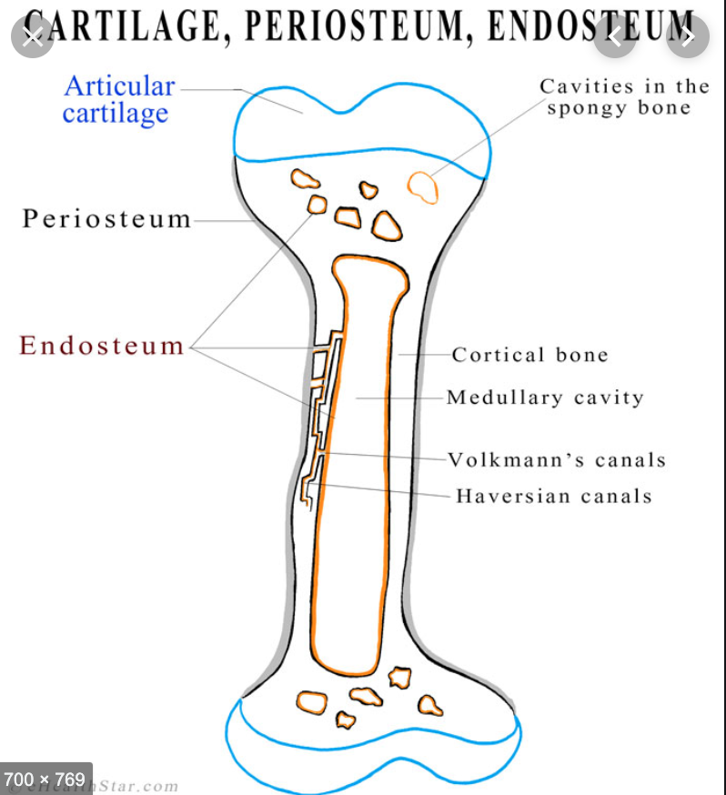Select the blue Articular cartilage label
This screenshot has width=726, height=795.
tap(118, 100)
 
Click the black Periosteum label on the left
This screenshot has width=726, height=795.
tap(107, 219)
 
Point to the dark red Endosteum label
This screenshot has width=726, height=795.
tap(102, 346)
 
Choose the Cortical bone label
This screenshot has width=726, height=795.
tap(529, 355)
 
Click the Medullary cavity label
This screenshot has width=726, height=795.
tap(545, 397)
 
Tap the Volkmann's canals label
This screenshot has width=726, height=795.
tap(557, 460)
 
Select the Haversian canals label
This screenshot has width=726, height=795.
tap(553, 497)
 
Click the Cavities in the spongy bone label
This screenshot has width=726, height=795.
tap(623, 97)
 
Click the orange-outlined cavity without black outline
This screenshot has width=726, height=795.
tap(422, 186)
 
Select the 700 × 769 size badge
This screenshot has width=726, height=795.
tap(45, 779)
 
